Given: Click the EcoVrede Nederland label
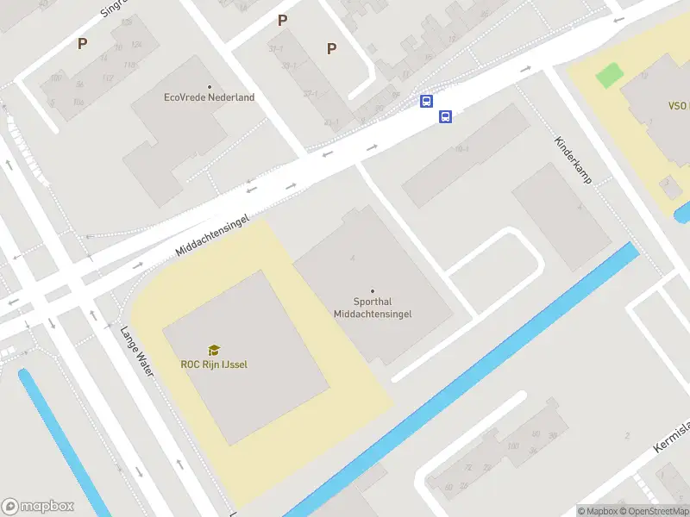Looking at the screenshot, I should tap(209, 97).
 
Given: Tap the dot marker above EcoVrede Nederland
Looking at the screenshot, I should tap(209, 86).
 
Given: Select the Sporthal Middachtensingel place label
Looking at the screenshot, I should tap(373, 308).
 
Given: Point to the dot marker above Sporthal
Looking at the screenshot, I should tap(373, 291).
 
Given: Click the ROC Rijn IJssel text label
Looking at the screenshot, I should tap(214, 364).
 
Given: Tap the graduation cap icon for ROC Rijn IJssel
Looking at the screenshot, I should tap(213, 350).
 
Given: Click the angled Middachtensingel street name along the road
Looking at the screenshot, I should tap(212, 235).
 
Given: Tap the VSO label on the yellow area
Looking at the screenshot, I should tap(677, 106).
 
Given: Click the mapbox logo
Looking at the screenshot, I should tap(38, 507).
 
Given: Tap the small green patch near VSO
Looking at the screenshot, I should tap(608, 75).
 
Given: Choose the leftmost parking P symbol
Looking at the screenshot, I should tap(83, 43).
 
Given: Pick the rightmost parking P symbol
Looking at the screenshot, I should tap(331, 49).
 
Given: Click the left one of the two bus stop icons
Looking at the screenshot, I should tap(426, 102).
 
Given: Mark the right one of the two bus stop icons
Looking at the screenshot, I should tap(446, 117).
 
